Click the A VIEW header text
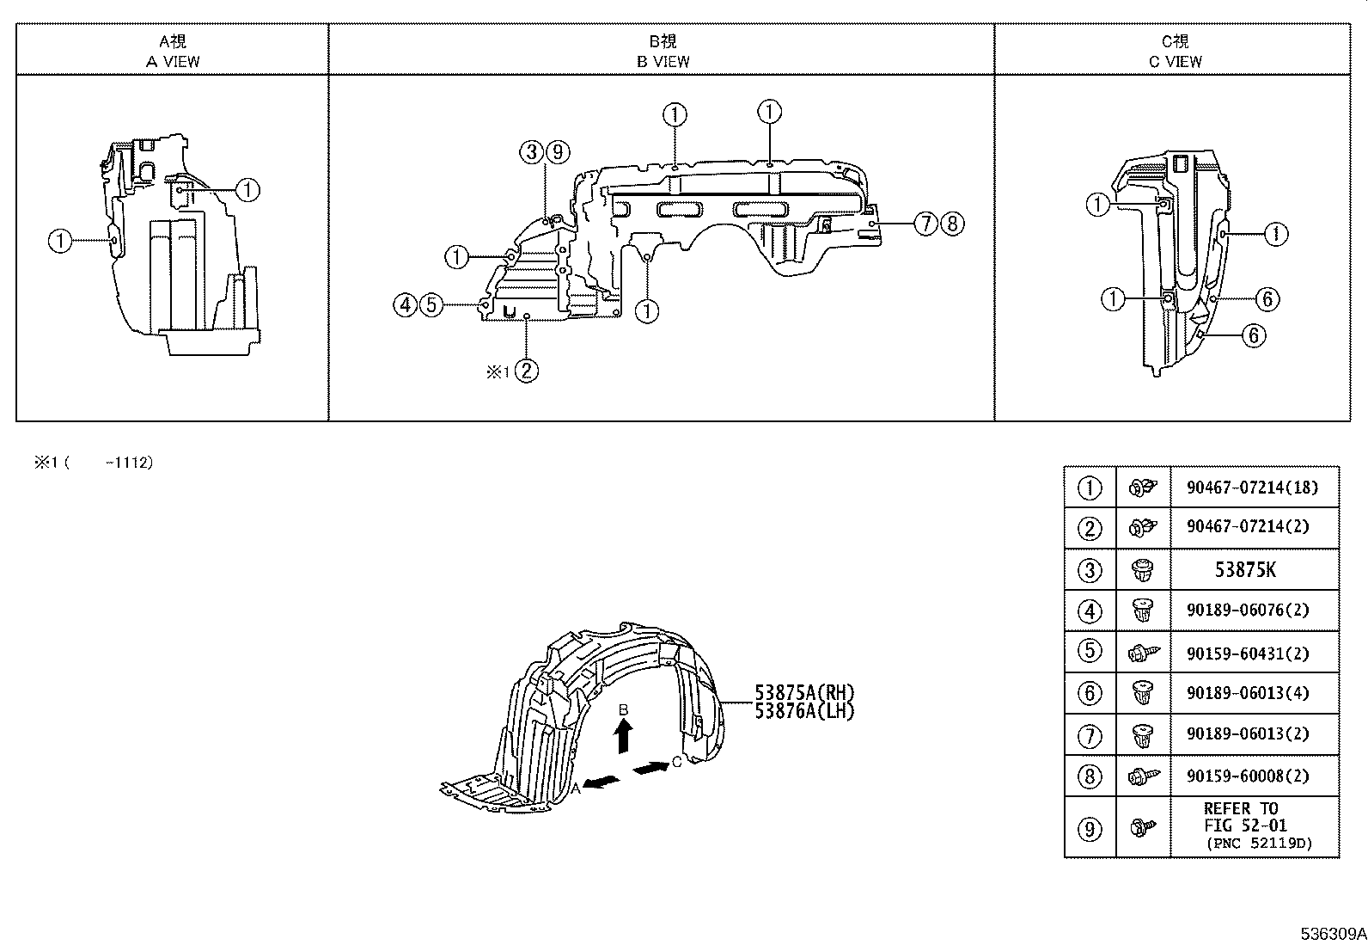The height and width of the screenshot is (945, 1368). point(173,61)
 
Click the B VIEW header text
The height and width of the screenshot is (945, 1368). point(663,61)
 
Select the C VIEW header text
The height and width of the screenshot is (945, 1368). point(1175,61)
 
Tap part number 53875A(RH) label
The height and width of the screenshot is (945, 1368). point(805,693)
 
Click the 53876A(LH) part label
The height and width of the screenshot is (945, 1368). point(805,710)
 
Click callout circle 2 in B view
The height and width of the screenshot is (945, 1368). point(527,371)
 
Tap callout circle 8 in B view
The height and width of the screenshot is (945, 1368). point(951,224)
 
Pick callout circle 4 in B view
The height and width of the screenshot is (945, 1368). point(405,304)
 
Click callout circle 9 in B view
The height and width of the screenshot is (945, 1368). point(558,152)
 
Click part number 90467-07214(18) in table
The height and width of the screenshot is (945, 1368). point(1251,488)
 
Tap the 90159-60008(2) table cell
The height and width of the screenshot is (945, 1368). point(1251,776)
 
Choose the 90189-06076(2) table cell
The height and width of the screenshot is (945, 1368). point(1251,610)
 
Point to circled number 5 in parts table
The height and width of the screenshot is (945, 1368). point(1090,651)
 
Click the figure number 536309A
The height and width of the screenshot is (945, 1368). point(1333,933)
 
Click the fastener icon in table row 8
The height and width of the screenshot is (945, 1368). point(1143,776)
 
